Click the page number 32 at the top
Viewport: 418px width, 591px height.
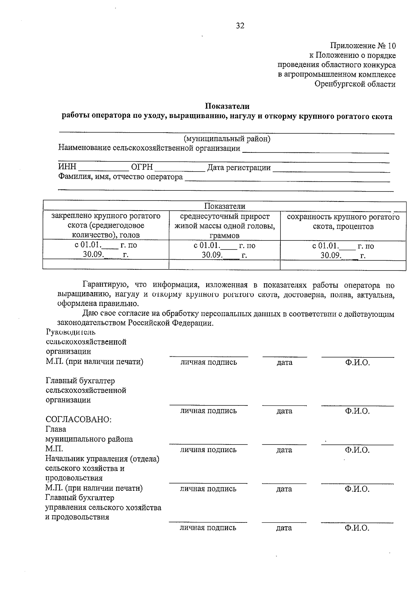click(x=240, y=26)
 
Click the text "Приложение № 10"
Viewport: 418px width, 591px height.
click(x=363, y=46)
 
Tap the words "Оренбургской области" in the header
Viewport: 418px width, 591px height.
click(x=355, y=84)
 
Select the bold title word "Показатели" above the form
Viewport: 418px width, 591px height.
click(x=227, y=106)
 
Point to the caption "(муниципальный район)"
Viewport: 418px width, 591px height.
click(x=227, y=139)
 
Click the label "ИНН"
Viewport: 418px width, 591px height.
click(x=67, y=167)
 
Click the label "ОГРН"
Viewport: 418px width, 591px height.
click(x=142, y=167)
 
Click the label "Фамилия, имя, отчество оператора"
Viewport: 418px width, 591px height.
click(x=121, y=177)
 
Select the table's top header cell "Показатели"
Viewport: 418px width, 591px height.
click(x=225, y=206)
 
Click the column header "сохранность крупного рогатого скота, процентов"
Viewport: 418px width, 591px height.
click(x=343, y=222)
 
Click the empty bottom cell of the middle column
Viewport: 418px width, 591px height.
click(x=225, y=265)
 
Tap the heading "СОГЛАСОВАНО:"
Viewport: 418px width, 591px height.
click(x=78, y=419)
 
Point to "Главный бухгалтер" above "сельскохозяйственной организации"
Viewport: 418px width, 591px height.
click(x=80, y=381)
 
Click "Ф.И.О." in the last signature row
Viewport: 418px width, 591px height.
click(x=357, y=528)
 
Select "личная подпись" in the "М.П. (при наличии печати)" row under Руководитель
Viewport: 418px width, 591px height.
click(x=208, y=362)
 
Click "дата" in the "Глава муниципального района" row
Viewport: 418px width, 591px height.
click(x=284, y=450)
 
